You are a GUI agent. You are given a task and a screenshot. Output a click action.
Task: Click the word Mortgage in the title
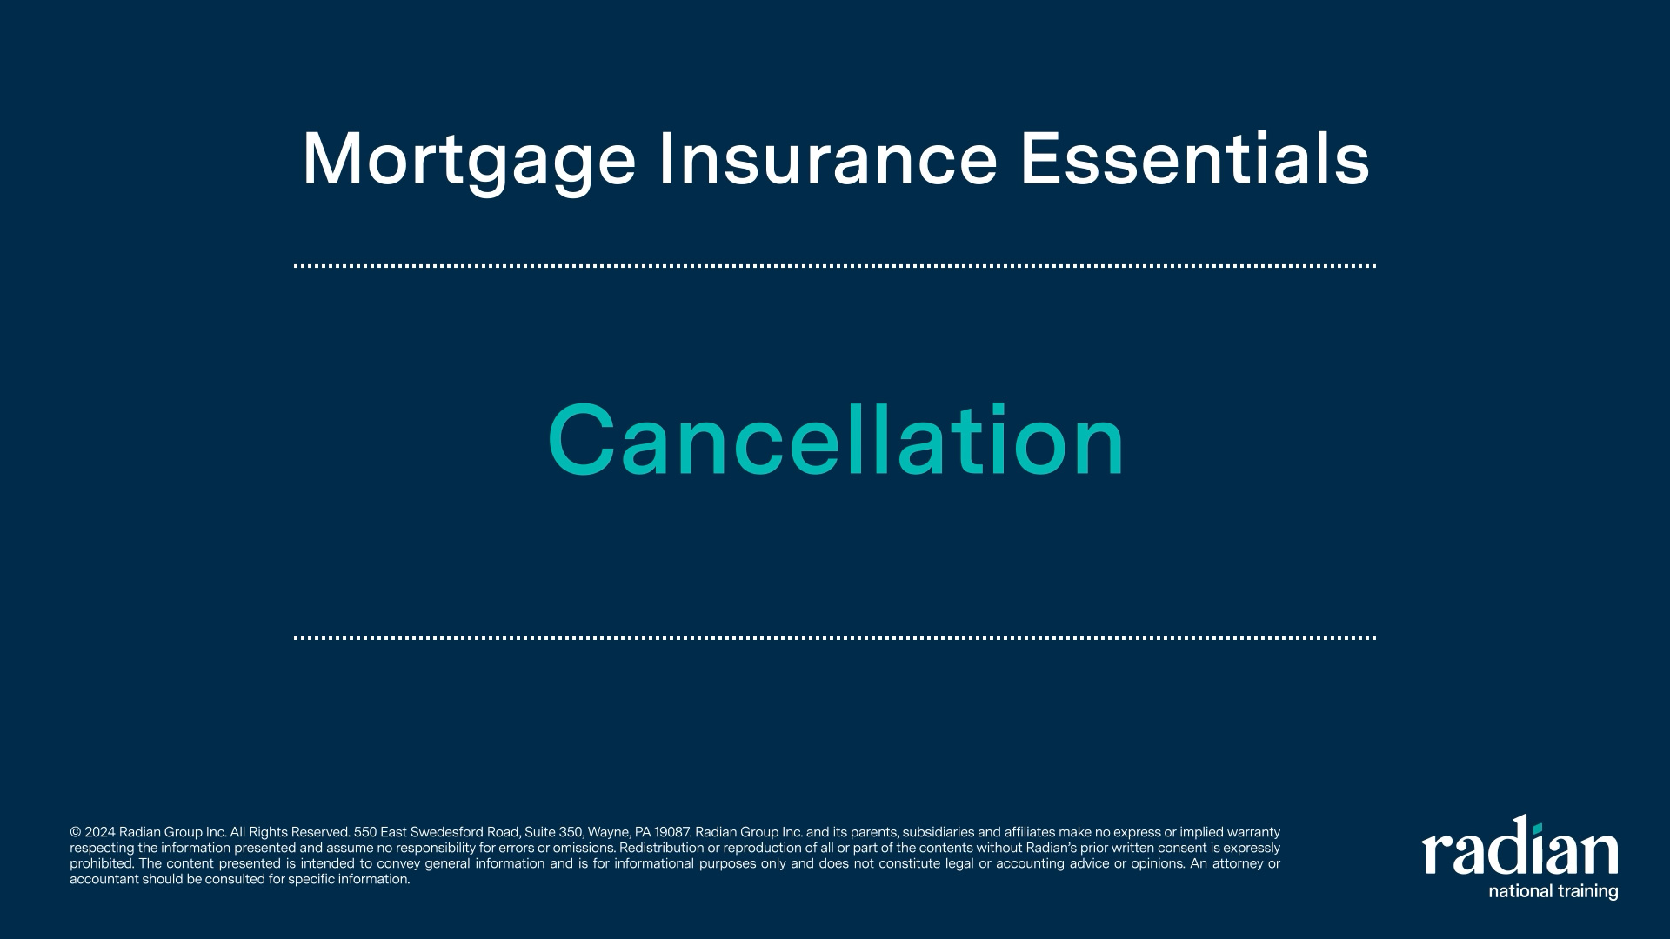pyautogui.click(x=470, y=161)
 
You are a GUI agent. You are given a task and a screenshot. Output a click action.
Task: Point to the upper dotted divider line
pyautogui.click(x=835, y=266)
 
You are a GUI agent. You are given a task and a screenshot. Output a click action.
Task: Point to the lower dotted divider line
pyautogui.click(x=835, y=638)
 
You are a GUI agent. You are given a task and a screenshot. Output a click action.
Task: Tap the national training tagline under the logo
pyautogui.click(x=1553, y=891)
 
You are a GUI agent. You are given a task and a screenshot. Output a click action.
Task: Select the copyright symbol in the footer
pyautogui.click(x=75, y=833)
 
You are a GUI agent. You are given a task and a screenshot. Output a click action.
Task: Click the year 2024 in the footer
pyautogui.click(x=100, y=833)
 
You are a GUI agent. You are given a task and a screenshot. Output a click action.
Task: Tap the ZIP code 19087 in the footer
pyautogui.click(x=672, y=833)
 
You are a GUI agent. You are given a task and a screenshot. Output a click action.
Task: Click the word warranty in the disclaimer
pyautogui.click(x=1253, y=833)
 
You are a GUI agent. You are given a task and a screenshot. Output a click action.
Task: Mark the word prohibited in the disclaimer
pyautogui.click(x=102, y=864)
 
